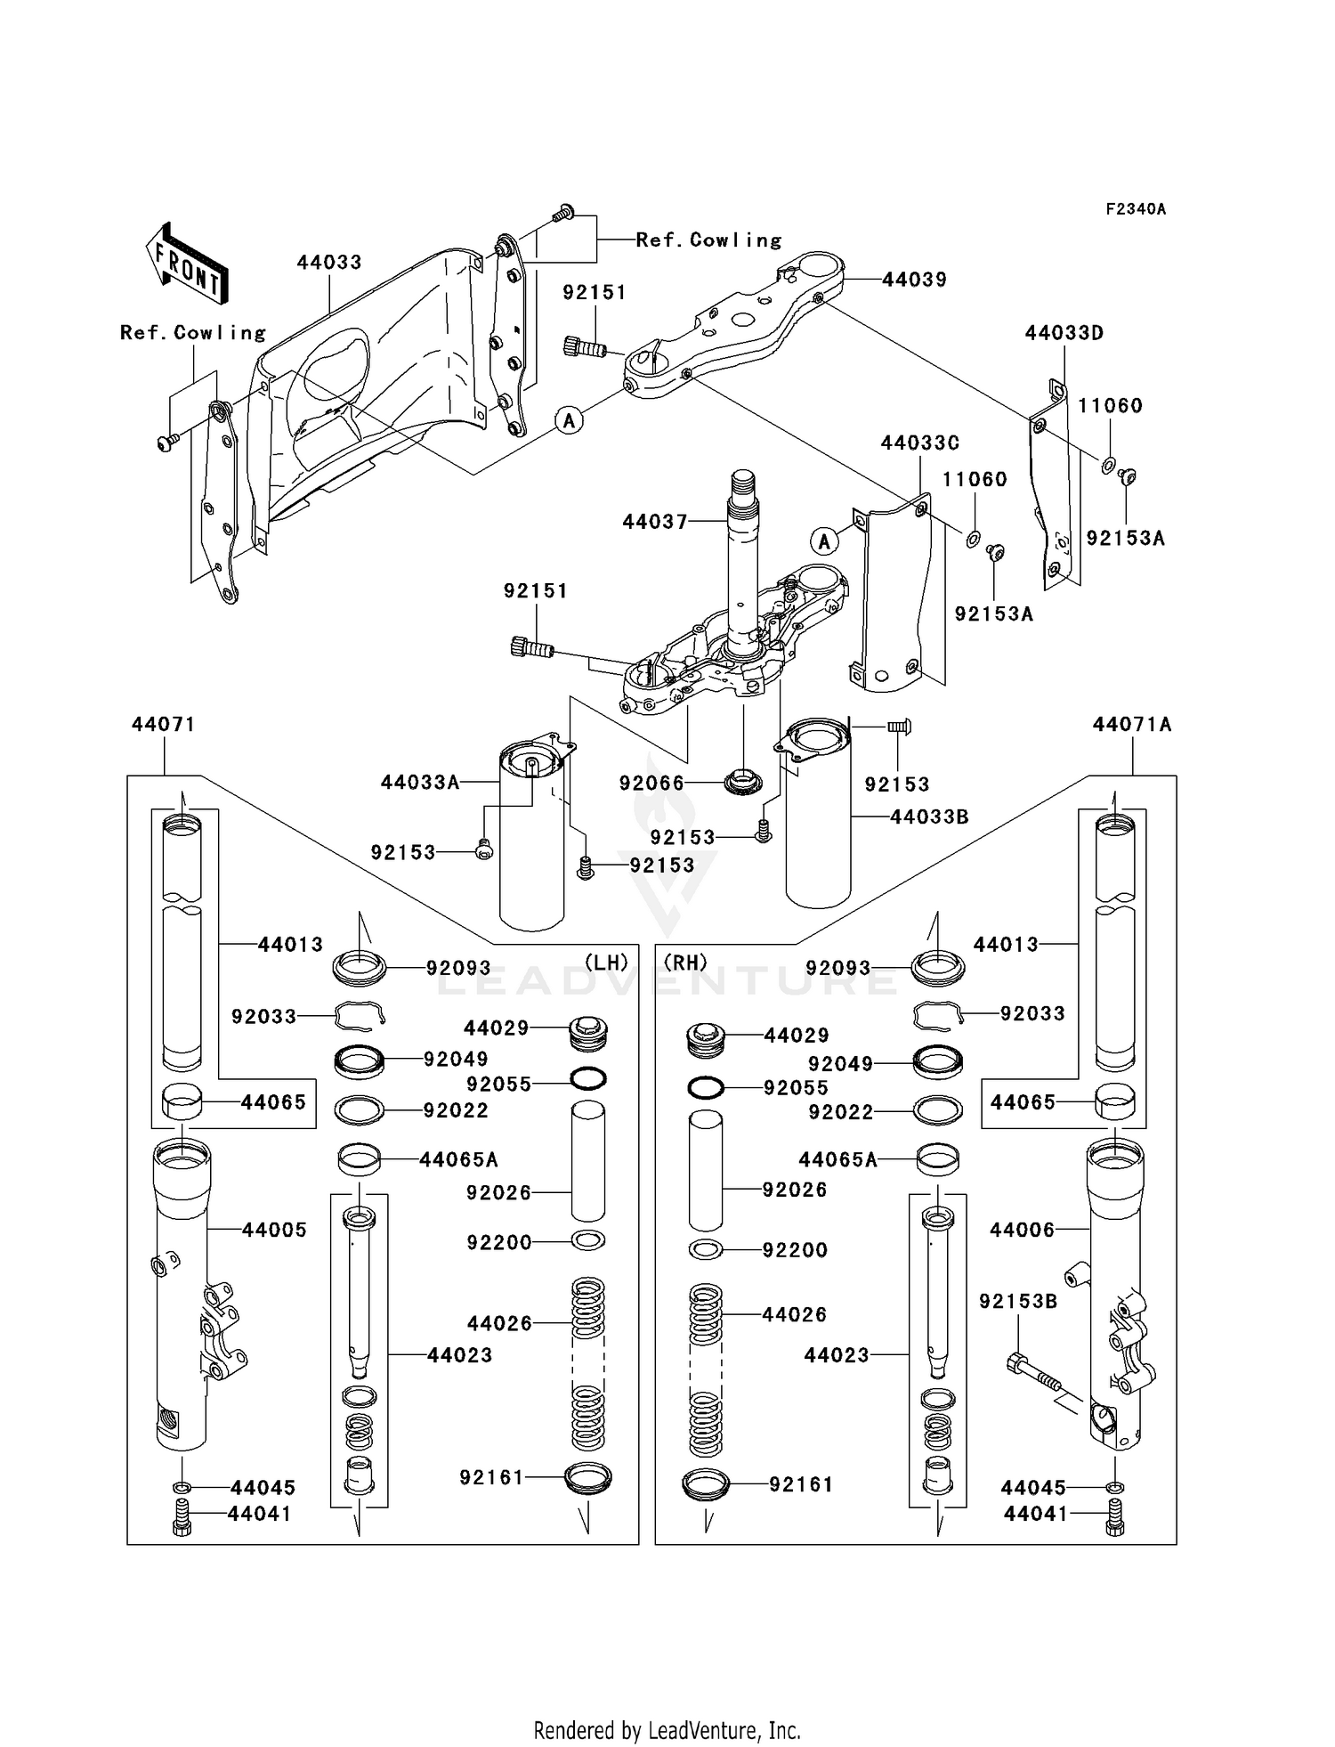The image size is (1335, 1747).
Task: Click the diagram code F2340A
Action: [1135, 209]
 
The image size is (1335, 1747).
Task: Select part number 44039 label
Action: [914, 280]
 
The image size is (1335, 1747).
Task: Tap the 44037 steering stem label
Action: [655, 522]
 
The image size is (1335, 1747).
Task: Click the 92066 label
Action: [651, 784]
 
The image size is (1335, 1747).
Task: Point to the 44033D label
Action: [1064, 333]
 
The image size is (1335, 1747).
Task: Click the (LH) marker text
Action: [606, 963]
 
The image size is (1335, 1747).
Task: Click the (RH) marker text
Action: [685, 963]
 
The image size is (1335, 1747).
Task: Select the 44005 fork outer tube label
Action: [274, 1230]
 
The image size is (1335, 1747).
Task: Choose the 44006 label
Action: [1022, 1230]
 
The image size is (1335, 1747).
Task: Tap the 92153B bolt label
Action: [1018, 1302]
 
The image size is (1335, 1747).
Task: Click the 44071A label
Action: [1132, 725]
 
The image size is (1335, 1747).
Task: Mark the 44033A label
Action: [420, 783]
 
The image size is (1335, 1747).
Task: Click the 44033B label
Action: [929, 817]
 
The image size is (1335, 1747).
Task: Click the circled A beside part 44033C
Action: [824, 540]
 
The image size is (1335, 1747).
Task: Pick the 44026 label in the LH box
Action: [499, 1324]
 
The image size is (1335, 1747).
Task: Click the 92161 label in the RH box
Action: [801, 1484]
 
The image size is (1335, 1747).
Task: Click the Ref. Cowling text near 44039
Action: [708, 240]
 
